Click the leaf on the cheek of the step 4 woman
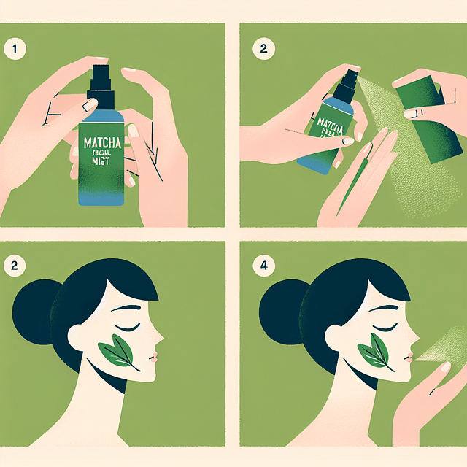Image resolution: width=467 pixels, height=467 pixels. pyautogui.click(x=379, y=353)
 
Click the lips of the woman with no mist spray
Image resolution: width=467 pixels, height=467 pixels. pyautogui.click(x=154, y=355)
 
